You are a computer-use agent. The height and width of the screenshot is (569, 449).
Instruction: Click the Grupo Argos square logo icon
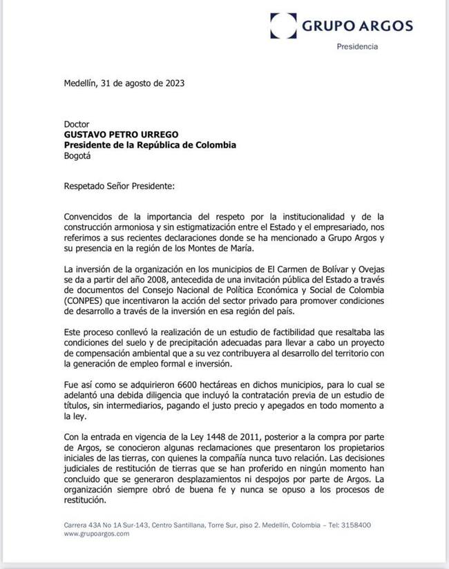(x=283, y=26)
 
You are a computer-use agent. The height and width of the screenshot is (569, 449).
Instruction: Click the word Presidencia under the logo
(x=356, y=46)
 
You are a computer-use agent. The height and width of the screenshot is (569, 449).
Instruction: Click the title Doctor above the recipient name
(x=77, y=124)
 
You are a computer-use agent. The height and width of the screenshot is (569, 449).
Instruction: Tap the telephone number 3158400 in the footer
(x=354, y=525)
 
